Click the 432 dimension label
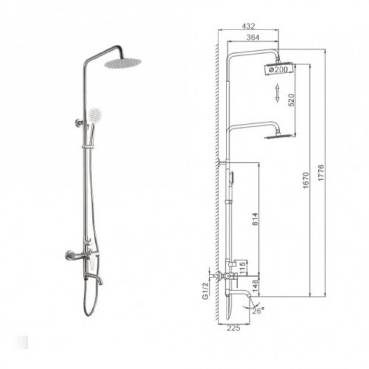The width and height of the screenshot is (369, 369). (249, 26)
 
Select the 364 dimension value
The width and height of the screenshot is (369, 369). (253, 37)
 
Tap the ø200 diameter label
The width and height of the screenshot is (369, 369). (278, 70)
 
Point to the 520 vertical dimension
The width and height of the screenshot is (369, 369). (291, 100)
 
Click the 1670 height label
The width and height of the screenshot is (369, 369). (305, 180)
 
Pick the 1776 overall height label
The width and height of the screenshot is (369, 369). (321, 173)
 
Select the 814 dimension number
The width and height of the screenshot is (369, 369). (255, 219)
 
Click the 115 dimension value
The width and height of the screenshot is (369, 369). (242, 268)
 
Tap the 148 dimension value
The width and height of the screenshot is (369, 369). (255, 286)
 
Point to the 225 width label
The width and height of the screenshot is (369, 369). (233, 328)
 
